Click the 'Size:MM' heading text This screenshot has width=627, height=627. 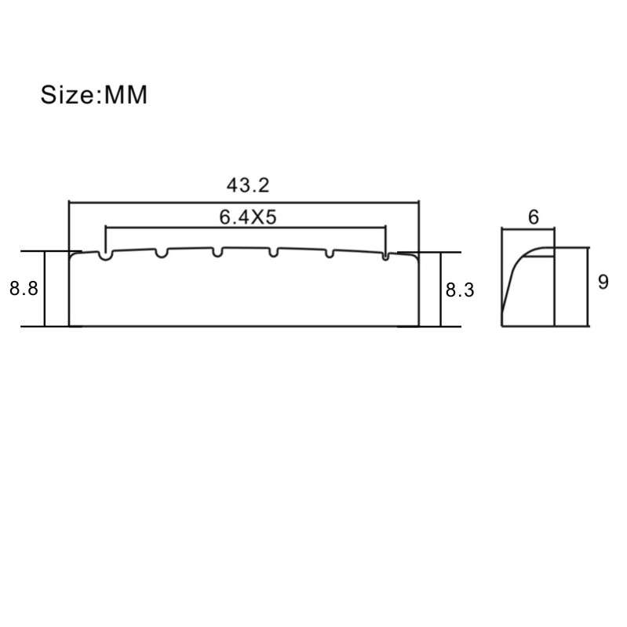pos(94,96)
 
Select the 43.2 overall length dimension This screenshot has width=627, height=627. pos(248,185)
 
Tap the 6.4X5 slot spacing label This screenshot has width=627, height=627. pos(247,218)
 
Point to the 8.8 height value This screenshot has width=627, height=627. pos(24,288)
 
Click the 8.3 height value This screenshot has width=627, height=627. pos(460,290)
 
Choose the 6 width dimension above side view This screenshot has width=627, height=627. pos(534,217)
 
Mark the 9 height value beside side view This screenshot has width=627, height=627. pos(603,282)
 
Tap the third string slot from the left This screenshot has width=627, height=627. pos(217,252)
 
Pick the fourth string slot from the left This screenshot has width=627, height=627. pos(274,252)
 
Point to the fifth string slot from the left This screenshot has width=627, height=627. pos(330,253)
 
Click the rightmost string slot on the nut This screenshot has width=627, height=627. pos(385,254)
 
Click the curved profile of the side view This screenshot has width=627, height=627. pos(515,271)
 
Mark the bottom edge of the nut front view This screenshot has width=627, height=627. pos(243,326)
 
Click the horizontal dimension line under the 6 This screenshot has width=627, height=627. pos(528,228)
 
